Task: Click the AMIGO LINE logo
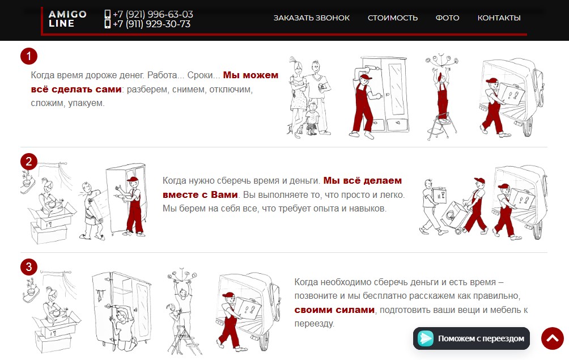67,19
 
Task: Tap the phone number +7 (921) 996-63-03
149,14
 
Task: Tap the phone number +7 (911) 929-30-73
147,24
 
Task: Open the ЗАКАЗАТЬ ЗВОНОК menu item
311,18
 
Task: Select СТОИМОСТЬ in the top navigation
393,18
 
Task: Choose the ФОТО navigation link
447,18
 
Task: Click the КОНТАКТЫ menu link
499,18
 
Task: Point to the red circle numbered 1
29,56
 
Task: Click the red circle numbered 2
29,162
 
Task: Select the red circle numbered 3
29,267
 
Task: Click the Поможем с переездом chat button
472,338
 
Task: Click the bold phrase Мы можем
250,75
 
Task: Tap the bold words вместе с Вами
200,194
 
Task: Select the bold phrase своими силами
334,310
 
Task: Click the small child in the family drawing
312,118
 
